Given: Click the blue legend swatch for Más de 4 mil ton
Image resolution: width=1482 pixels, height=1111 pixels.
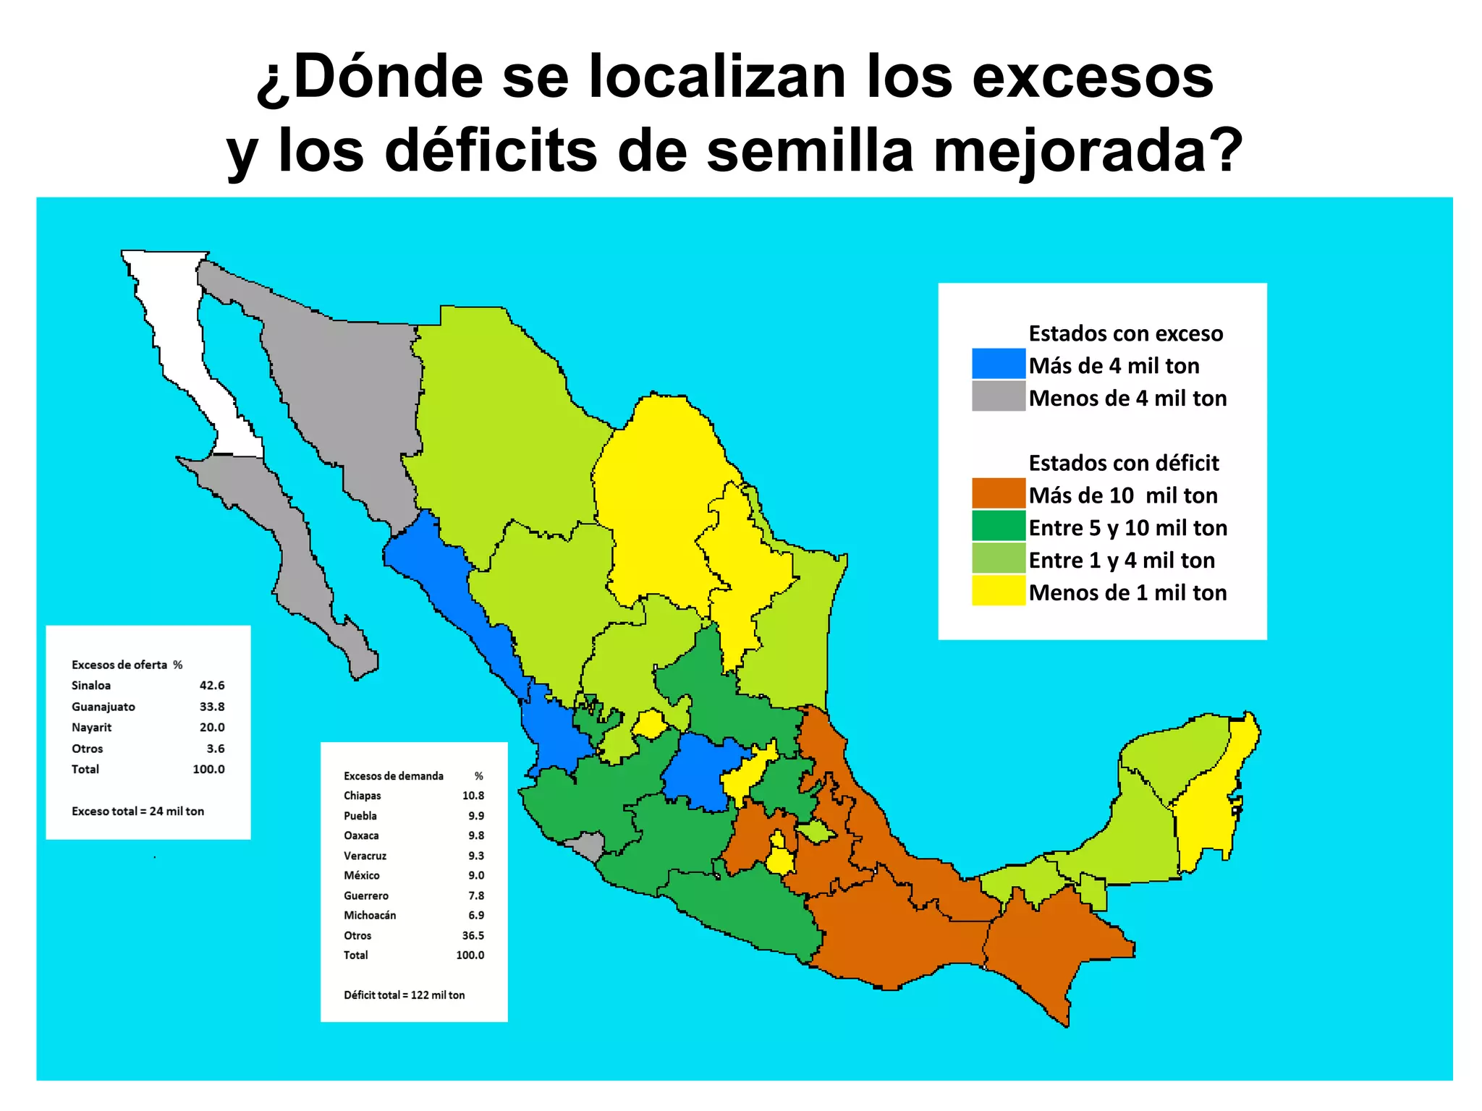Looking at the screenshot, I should coord(998,364).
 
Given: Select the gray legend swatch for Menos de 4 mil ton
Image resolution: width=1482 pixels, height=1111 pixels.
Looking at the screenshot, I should coord(998,396).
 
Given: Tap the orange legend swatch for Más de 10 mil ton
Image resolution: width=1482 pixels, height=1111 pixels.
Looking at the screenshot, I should coord(998,493).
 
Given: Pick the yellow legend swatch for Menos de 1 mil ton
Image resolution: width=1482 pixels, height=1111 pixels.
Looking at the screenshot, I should coord(998,591).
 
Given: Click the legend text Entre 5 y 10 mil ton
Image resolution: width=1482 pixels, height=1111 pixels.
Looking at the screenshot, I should coord(1127,528).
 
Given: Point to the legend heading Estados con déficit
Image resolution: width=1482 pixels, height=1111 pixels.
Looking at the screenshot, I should coord(1123,463).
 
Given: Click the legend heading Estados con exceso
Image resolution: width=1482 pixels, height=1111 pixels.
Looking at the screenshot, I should coord(1125,333).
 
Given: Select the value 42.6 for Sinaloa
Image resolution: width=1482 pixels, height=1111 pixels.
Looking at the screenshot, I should coord(212,685).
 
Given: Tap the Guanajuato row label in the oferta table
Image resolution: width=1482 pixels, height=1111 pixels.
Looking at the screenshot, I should coord(103,707).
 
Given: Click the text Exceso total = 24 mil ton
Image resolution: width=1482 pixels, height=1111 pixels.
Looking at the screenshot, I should coord(137,812).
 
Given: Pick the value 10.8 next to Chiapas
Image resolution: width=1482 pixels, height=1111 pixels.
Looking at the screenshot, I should coord(473,796).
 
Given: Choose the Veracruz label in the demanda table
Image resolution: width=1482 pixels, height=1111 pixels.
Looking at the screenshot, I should coord(365,856).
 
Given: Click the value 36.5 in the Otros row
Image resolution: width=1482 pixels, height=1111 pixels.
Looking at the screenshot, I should coord(473,935).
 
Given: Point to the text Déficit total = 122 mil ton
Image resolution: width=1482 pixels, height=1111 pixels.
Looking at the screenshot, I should coord(404,995).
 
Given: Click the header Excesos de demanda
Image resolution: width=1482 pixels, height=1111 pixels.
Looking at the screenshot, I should coord(393,776).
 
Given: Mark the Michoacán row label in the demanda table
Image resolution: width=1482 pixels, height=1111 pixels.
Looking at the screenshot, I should coord(369,916).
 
